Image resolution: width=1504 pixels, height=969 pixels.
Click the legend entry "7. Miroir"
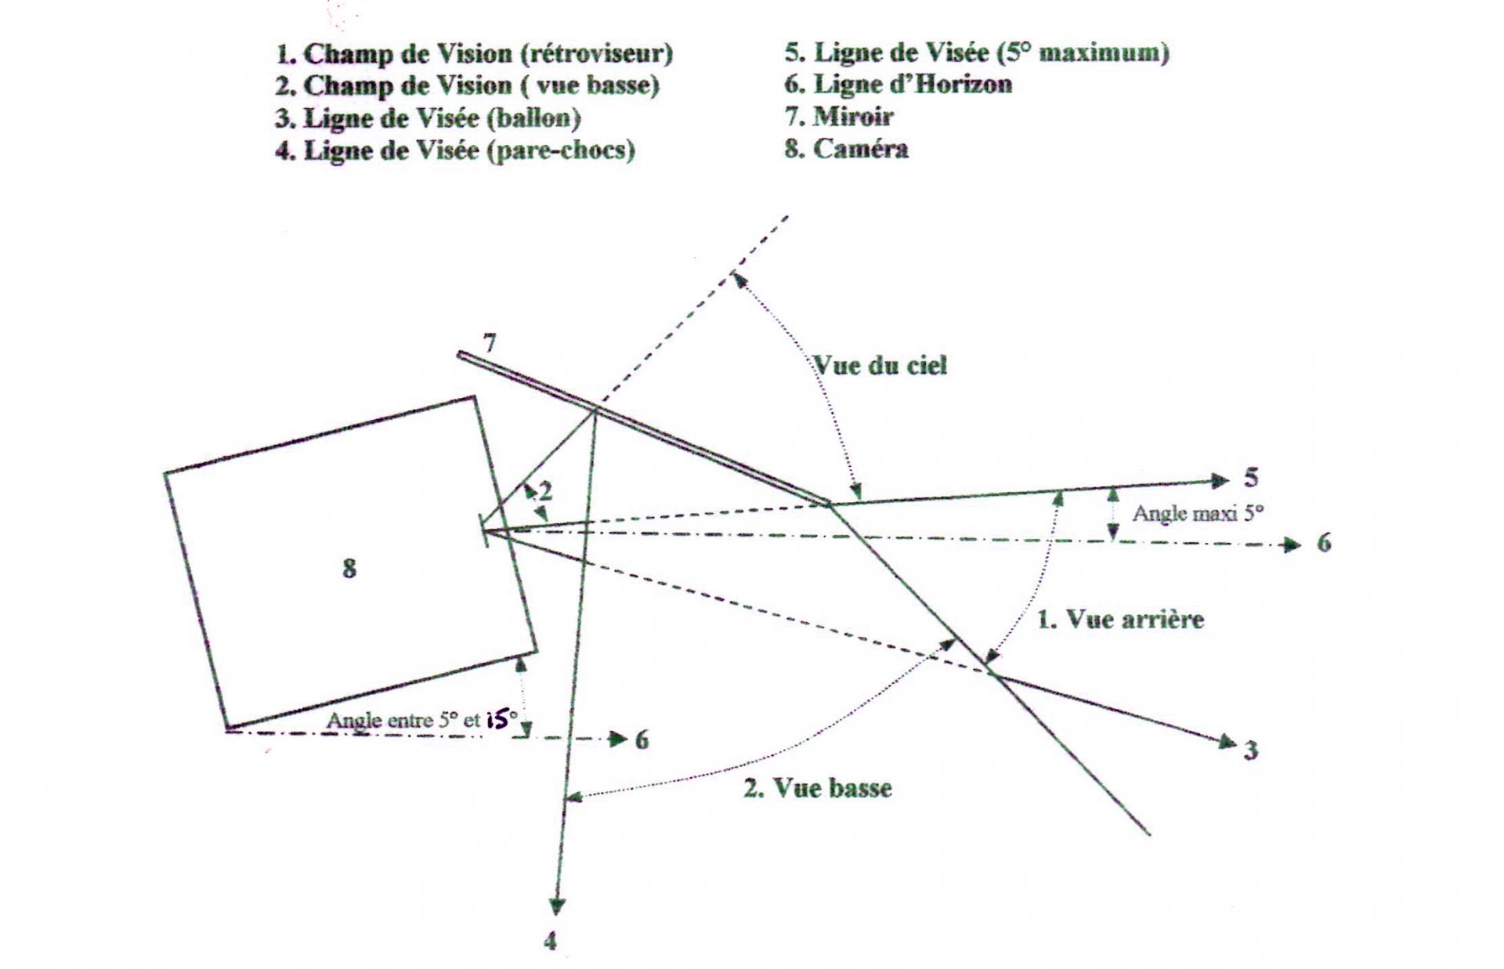[x=839, y=117]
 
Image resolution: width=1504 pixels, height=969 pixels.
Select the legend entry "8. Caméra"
[x=847, y=149]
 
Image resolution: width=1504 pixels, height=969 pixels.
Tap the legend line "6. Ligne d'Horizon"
[x=898, y=84]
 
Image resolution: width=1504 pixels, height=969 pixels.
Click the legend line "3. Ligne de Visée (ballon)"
[x=428, y=118]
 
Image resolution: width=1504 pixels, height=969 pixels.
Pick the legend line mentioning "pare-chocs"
[x=455, y=150]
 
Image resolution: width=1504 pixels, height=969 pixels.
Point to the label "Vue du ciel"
[x=880, y=365]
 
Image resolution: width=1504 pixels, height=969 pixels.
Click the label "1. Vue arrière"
[x=1120, y=620]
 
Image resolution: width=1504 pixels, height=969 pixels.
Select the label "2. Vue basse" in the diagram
[x=818, y=787]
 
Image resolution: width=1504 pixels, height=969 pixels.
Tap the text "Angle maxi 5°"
[x=1198, y=514]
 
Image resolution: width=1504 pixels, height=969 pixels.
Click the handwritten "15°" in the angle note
[x=501, y=719]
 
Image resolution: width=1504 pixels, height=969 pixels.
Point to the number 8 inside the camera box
[x=349, y=568]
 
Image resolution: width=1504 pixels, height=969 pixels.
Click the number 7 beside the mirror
[x=490, y=343]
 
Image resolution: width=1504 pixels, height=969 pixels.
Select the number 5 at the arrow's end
[x=1251, y=477]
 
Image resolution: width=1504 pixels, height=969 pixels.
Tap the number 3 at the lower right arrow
[x=1251, y=750]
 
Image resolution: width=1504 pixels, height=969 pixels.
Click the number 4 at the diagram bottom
[x=551, y=940]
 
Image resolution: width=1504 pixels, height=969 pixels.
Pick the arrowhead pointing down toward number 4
[x=556, y=906]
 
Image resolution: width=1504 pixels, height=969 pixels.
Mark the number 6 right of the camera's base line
[x=642, y=739]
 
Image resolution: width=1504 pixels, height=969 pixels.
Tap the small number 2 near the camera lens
[x=545, y=491]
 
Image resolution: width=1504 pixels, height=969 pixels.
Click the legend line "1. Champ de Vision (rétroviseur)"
[x=474, y=54]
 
